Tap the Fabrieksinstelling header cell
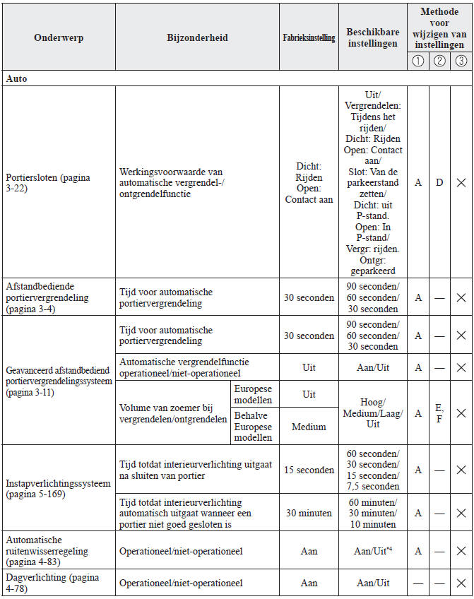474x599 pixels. [309, 38]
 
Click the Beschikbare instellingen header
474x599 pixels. [374, 38]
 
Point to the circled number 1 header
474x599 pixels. [418, 61]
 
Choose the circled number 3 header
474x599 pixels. [461, 61]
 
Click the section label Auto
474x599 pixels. [17, 78]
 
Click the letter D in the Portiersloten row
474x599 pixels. [439, 182]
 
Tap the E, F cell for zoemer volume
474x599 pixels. [439, 413]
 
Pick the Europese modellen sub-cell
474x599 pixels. [252, 394]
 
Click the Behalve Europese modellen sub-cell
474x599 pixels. [252, 426]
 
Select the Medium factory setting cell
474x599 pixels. [309, 427]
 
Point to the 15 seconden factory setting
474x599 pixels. [309, 470]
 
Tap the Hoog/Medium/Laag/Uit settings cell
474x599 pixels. [374, 413]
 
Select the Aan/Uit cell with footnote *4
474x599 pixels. [374, 550]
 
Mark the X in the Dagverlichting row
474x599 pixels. [461, 583]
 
